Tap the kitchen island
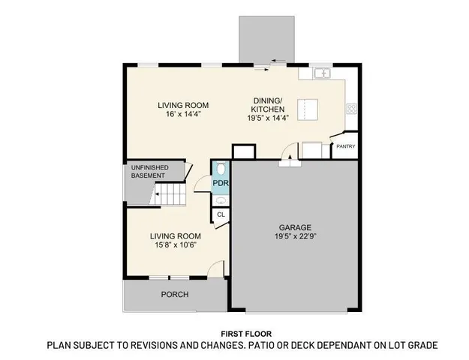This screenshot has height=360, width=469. (x=308, y=109)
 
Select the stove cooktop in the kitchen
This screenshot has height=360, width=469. (x=350, y=109)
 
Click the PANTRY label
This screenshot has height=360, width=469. (x=346, y=146)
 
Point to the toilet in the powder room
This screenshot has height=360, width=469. (x=220, y=169)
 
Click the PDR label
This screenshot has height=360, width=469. (x=220, y=183)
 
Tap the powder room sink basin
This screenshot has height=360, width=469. (x=220, y=199)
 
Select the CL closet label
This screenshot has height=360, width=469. (x=221, y=215)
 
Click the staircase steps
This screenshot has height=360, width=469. (x=170, y=197)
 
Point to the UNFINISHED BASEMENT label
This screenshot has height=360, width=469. (x=150, y=171)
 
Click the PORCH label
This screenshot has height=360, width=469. (x=175, y=294)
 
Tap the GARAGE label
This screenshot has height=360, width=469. (x=296, y=227)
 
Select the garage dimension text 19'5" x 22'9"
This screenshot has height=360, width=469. (x=296, y=238)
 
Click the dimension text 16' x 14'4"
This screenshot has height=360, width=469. (x=182, y=115)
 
